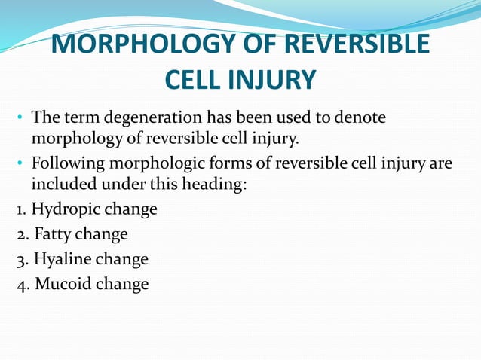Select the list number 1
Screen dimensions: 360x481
coord(18,209)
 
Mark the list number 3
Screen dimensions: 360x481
coord(19,260)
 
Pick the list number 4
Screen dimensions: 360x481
coord(19,285)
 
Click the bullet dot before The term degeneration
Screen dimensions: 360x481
coord(20,120)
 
